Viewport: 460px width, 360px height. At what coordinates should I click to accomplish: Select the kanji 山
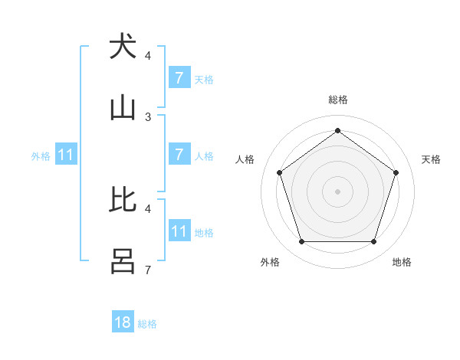click(x=123, y=108)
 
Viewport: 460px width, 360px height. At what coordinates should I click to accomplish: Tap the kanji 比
click(x=123, y=199)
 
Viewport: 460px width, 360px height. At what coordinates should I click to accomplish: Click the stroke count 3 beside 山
click(x=148, y=117)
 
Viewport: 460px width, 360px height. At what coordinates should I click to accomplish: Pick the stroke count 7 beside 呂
click(x=148, y=270)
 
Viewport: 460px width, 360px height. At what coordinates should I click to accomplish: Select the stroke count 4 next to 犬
click(x=148, y=56)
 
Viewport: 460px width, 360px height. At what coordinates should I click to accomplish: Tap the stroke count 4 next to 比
click(x=148, y=208)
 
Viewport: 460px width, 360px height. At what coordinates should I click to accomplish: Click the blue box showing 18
click(x=123, y=322)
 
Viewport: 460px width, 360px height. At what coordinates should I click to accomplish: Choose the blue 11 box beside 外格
click(x=66, y=155)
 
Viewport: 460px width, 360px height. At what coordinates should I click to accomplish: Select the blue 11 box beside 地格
click(x=179, y=231)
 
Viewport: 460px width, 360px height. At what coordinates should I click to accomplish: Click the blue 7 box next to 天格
click(x=179, y=77)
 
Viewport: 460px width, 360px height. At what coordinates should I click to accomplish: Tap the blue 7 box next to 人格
click(x=179, y=155)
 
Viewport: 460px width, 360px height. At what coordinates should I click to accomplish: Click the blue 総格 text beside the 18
click(x=147, y=324)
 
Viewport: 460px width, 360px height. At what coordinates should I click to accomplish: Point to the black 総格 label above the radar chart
click(x=337, y=100)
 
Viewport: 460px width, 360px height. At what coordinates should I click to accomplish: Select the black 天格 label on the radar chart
click(x=432, y=159)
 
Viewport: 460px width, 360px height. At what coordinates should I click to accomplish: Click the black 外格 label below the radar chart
click(x=270, y=262)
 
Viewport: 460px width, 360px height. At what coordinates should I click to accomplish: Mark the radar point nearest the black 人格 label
click(x=280, y=172)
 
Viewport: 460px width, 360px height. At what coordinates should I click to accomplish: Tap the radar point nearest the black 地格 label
click(x=373, y=242)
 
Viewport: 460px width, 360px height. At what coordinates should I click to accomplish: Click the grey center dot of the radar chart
click(x=337, y=191)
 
